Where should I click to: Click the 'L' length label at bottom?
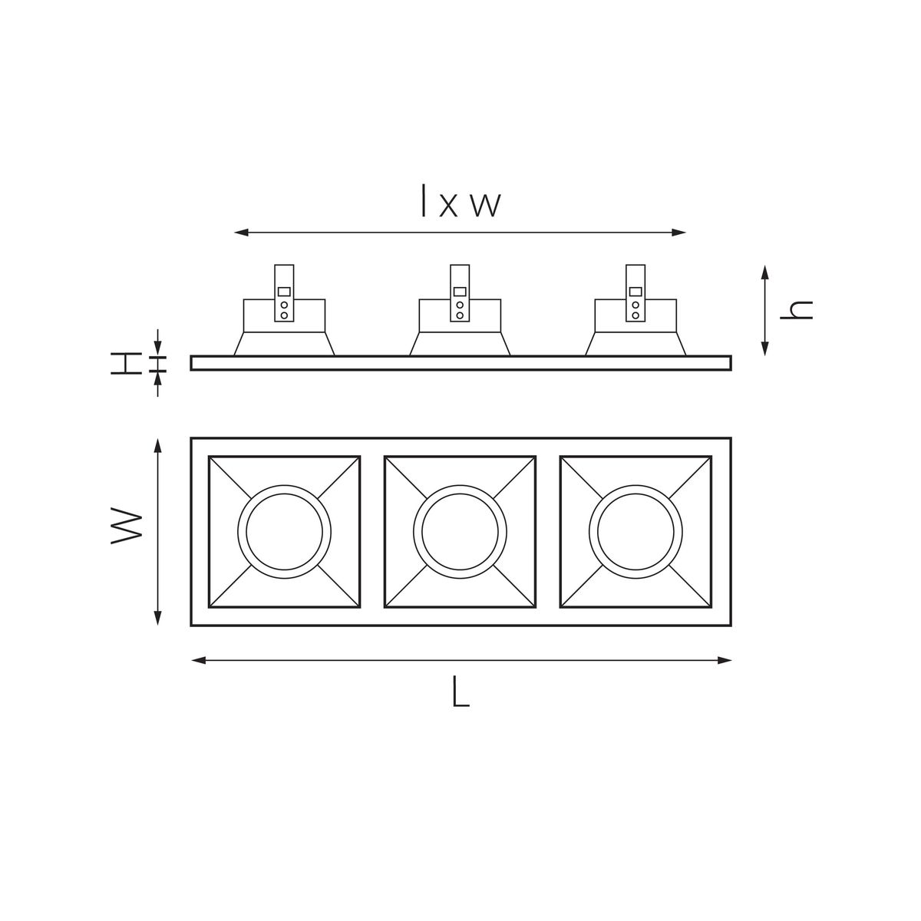coord(459,692)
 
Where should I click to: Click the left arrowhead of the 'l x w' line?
coord(240,232)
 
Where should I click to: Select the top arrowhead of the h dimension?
coord(764,271)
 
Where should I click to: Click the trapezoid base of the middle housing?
coord(460,344)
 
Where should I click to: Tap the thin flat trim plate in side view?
coord(460,363)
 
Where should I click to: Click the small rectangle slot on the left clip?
coord(284,292)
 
